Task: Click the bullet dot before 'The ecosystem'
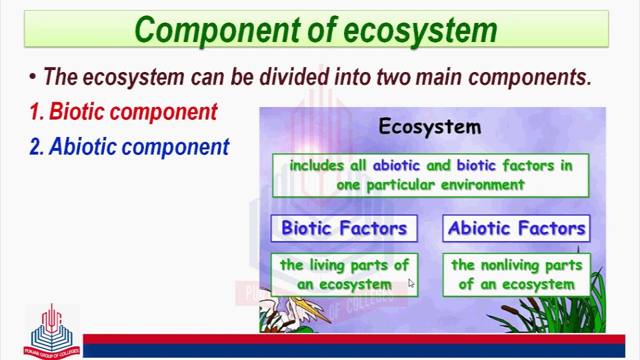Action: (x=32, y=77)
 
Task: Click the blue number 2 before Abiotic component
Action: (x=36, y=146)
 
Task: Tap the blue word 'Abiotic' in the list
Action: (x=82, y=146)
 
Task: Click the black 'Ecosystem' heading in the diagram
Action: (x=430, y=126)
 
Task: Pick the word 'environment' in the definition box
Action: (x=483, y=185)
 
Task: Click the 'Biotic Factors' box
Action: (x=344, y=228)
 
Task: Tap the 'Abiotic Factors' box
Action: (x=516, y=228)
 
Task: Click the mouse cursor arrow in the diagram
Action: (x=411, y=283)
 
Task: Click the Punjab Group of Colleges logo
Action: (x=51, y=331)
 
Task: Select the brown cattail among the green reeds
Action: (x=509, y=309)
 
